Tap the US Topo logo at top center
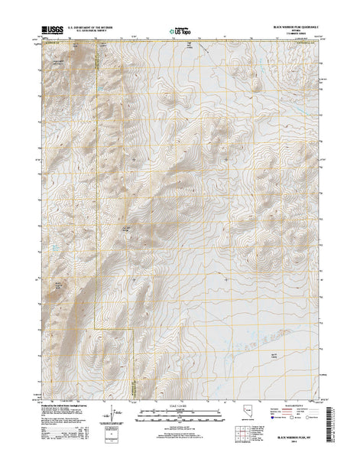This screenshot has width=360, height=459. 180,31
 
